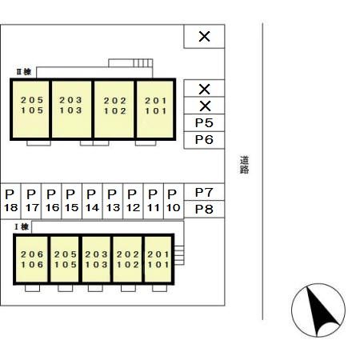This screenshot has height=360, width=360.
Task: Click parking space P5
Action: [x=204, y=122]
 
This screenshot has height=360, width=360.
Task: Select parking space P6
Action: [x=204, y=140]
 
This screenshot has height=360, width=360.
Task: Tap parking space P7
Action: [x=204, y=192]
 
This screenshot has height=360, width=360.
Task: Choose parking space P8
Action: [x=204, y=209]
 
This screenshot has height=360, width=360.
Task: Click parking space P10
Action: [x=174, y=201]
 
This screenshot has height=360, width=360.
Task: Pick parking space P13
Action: [x=113, y=201]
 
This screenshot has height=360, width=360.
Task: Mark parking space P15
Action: [x=71, y=201]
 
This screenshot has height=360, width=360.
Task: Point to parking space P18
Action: [x=10, y=201]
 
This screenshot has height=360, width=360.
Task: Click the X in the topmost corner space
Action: [x=205, y=37]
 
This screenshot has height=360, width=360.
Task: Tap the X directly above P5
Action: [x=205, y=106]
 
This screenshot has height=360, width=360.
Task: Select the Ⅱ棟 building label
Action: [x=24, y=72]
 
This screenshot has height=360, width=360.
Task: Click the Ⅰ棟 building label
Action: [x=22, y=227]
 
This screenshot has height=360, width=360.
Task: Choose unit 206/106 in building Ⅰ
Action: [x=32, y=259]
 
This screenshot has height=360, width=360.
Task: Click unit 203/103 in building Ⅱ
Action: [x=71, y=110]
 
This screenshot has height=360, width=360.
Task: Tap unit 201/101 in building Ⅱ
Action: [x=155, y=110]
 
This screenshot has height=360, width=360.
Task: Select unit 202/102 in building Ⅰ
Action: [x=127, y=259]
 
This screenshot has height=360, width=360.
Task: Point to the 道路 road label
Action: [x=244, y=165]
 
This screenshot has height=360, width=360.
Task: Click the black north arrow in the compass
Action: [x=321, y=310]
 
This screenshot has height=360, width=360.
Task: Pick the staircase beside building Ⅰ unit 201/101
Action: [x=179, y=255]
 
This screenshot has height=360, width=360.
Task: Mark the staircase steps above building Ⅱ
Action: [x=143, y=63]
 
